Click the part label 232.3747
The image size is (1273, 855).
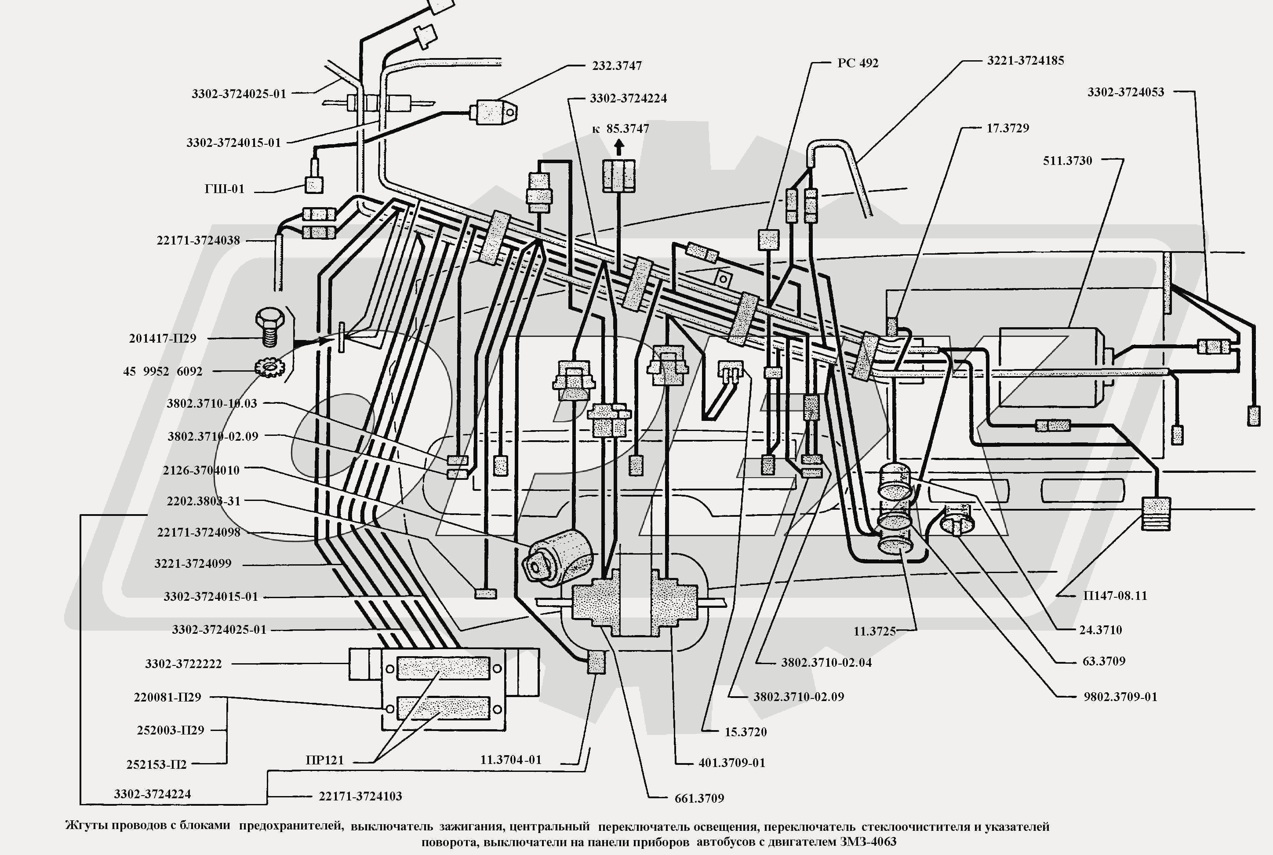click(x=617, y=66)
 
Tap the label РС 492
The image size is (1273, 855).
click(x=858, y=63)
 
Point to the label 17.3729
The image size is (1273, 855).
click(x=1007, y=128)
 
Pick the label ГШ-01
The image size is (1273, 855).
click(x=225, y=189)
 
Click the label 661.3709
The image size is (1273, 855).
click(x=699, y=799)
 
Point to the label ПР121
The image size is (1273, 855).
click(x=325, y=760)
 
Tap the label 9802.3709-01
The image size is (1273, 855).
click(x=1120, y=697)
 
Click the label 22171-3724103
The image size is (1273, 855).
click(x=360, y=796)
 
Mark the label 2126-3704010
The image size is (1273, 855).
click(x=201, y=470)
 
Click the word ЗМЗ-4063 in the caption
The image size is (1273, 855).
click(x=868, y=842)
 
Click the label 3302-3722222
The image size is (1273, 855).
click(x=183, y=664)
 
